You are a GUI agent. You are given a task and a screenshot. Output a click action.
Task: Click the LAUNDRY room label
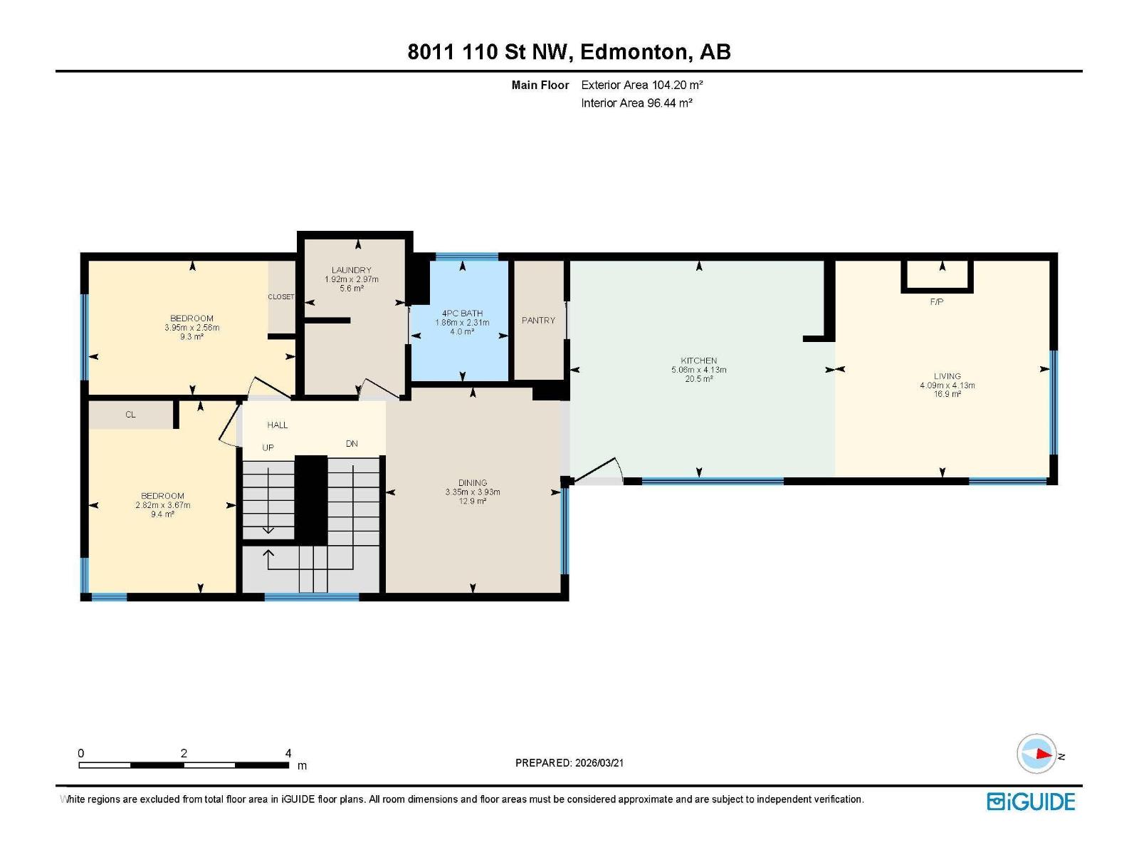click(x=351, y=270)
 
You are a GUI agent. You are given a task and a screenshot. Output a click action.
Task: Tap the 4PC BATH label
click(x=462, y=313)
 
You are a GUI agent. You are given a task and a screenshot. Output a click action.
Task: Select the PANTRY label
click(x=538, y=321)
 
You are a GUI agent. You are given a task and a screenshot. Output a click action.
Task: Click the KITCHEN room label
click(x=698, y=361)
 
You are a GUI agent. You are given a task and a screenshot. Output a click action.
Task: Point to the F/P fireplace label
click(x=937, y=302)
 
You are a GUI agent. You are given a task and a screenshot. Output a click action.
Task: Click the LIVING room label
click(x=947, y=376)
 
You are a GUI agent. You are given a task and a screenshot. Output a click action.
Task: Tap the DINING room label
click(x=473, y=483)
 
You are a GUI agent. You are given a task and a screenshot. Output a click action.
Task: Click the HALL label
click(x=278, y=425)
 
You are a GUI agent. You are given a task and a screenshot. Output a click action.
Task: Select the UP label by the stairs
click(x=268, y=448)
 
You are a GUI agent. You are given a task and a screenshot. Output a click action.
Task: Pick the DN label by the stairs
click(x=352, y=444)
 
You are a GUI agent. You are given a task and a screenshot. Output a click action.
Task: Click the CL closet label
click(x=130, y=415)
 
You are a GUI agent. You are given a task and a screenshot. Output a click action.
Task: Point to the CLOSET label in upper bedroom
click(x=281, y=297)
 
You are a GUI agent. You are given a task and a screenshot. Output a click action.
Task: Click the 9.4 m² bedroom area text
click(x=162, y=514)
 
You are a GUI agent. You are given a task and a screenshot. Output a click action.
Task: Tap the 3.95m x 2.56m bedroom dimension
click(x=191, y=328)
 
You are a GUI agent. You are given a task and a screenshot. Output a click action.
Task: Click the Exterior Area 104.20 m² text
click(x=642, y=85)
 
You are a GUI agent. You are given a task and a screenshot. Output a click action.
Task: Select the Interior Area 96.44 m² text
click(x=636, y=103)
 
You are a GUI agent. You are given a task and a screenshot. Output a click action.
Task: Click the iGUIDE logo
click(x=1031, y=802)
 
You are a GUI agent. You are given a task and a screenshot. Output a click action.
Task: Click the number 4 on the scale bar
click(x=288, y=753)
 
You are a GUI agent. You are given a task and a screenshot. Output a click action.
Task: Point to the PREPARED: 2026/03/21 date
click(x=569, y=763)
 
